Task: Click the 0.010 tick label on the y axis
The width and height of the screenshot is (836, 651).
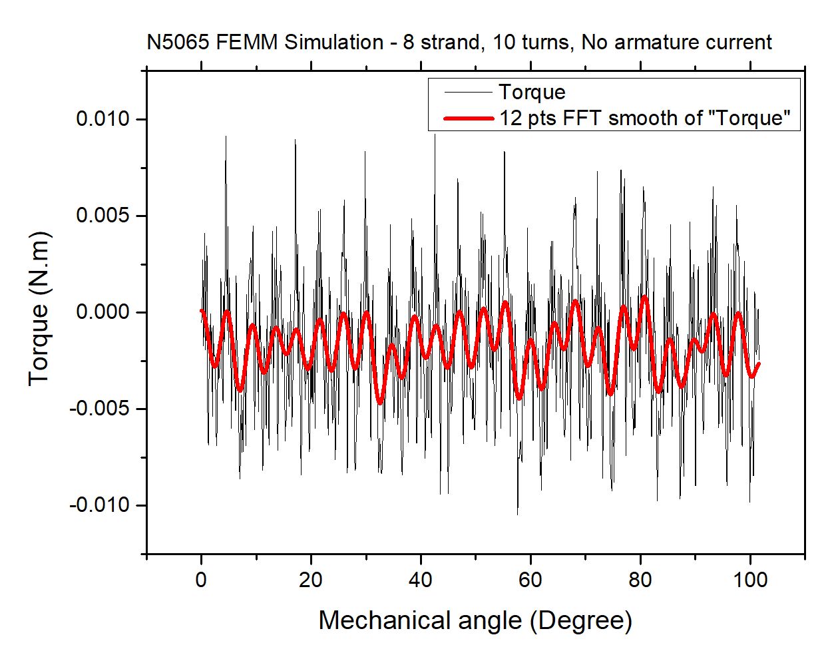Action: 103,120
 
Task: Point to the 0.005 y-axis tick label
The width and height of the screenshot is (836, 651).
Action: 103,216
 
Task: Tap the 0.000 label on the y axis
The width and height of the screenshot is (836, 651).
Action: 103,312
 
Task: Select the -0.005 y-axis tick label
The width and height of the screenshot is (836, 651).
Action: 99,409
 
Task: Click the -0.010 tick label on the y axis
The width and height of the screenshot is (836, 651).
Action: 99,505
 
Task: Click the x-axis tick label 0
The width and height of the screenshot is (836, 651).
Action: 201,580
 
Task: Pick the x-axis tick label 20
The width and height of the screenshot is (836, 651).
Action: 311,580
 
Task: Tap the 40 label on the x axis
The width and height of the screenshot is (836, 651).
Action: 421,580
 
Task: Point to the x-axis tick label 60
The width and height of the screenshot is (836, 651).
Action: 530,580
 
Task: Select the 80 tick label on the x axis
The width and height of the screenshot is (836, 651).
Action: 640,580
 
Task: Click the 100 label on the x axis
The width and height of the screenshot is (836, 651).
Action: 749,580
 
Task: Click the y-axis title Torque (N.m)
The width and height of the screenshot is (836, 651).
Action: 39,308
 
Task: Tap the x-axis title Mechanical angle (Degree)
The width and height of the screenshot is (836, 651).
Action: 475,620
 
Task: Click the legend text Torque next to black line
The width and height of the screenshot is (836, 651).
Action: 532,93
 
